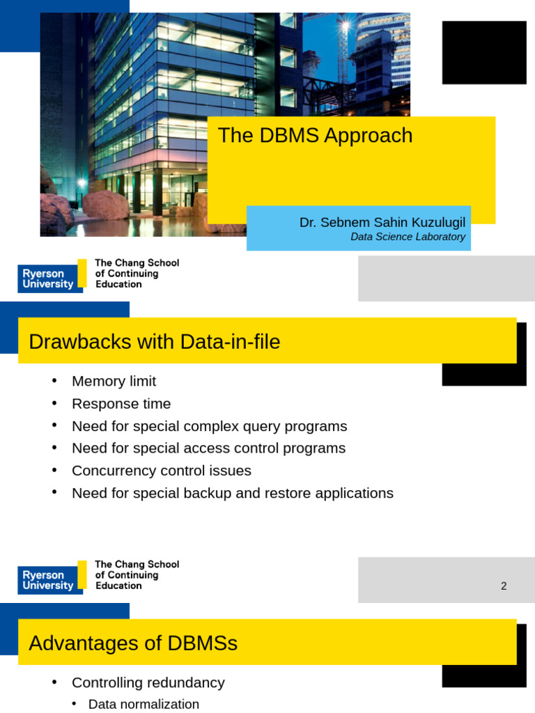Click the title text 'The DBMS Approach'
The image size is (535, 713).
pyautogui.click(x=315, y=136)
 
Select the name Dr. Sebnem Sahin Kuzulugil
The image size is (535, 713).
pyautogui.click(x=382, y=223)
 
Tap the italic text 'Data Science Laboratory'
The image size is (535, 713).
pyautogui.click(x=408, y=237)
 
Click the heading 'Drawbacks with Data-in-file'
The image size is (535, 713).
pyautogui.click(x=154, y=342)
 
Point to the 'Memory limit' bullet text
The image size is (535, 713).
pyautogui.click(x=114, y=382)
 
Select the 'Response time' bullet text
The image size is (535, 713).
pyautogui.click(x=121, y=404)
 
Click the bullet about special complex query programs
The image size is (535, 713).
pyautogui.click(x=209, y=426)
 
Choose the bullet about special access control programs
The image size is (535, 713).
pyautogui.click(x=208, y=448)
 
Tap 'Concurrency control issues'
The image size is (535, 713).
pyautogui.click(x=161, y=471)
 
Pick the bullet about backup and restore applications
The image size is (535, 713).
pyautogui.click(x=232, y=493)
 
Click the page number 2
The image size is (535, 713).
pyautogui.click(x=504, y=586)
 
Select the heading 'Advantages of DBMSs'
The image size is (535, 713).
pyautogui.click(x=132, y=643)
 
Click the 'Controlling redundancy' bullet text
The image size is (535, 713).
pyautogui.click(x=148, y=682)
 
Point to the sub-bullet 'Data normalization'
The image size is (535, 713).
pyautogui.click(x=144, y=704)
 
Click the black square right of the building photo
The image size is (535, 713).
pyautogui.click(x=484, y=52)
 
